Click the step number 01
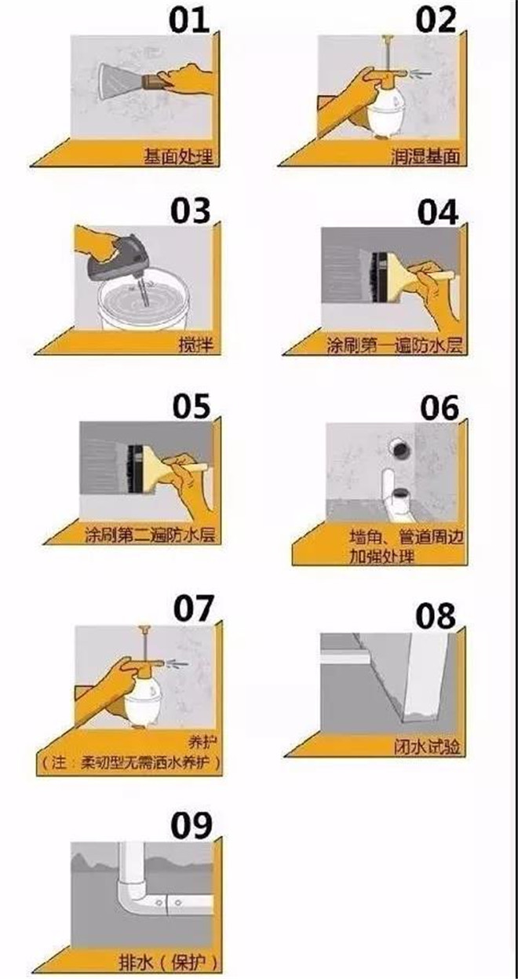coord(190,21)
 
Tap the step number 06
coord(440,407)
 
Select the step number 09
coord(192,825)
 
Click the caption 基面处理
coord(179,156)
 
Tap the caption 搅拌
coord(196,345)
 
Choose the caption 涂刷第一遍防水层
coord(395,345)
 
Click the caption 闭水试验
coord(427,747)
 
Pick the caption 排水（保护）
coord(168,962)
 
